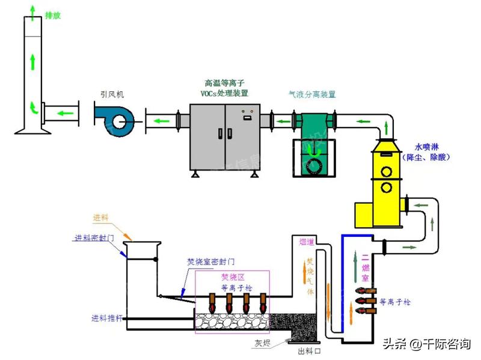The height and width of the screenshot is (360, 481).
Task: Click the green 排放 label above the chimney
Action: point(53,15)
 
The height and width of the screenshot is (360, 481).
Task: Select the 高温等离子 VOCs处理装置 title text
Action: point(224,88)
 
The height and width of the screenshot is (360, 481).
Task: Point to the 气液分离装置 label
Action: point(312,94)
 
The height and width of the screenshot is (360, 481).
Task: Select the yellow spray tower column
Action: point(382,174)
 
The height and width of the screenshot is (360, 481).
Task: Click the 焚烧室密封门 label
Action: point(210,263)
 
